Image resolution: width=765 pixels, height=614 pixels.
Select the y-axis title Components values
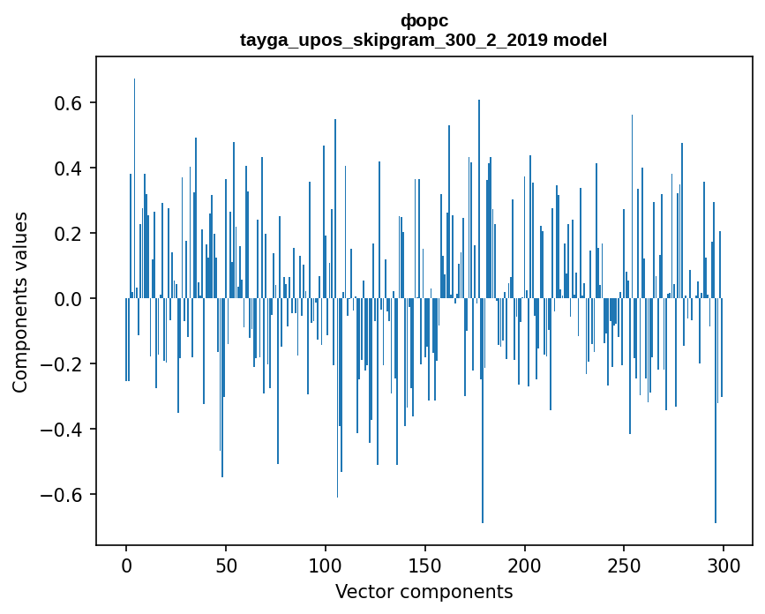pyautogui.click(x=20, y=302)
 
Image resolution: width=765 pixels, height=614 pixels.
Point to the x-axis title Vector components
pyautogui.click(x=424, y=591)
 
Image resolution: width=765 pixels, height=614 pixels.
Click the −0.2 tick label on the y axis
pyautogui.click(x=62, y=364)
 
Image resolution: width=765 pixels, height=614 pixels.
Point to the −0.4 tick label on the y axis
pyautogui.click(x=62, y=430)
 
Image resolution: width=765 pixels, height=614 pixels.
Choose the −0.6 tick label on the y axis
pyautogui.click(x=62, y=495)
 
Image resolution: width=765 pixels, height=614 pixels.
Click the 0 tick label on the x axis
pyautogui.click(x=126, y=565)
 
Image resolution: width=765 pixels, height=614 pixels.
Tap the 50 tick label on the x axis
pyautogui.click(x=226, y=565)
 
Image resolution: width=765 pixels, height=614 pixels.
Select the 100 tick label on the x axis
pyautogui.click(x=326, y=565)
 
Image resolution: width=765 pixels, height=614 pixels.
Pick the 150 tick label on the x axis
pyautogui.click(x=425, y=565)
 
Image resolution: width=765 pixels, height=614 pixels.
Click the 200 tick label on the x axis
pyautogui.click(x=525, y=565)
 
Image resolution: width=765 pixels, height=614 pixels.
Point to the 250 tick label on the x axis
pyautogui.click(x=625, y=565)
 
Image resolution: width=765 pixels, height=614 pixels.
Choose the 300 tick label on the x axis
pyautogui.click(x=724, y=565)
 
